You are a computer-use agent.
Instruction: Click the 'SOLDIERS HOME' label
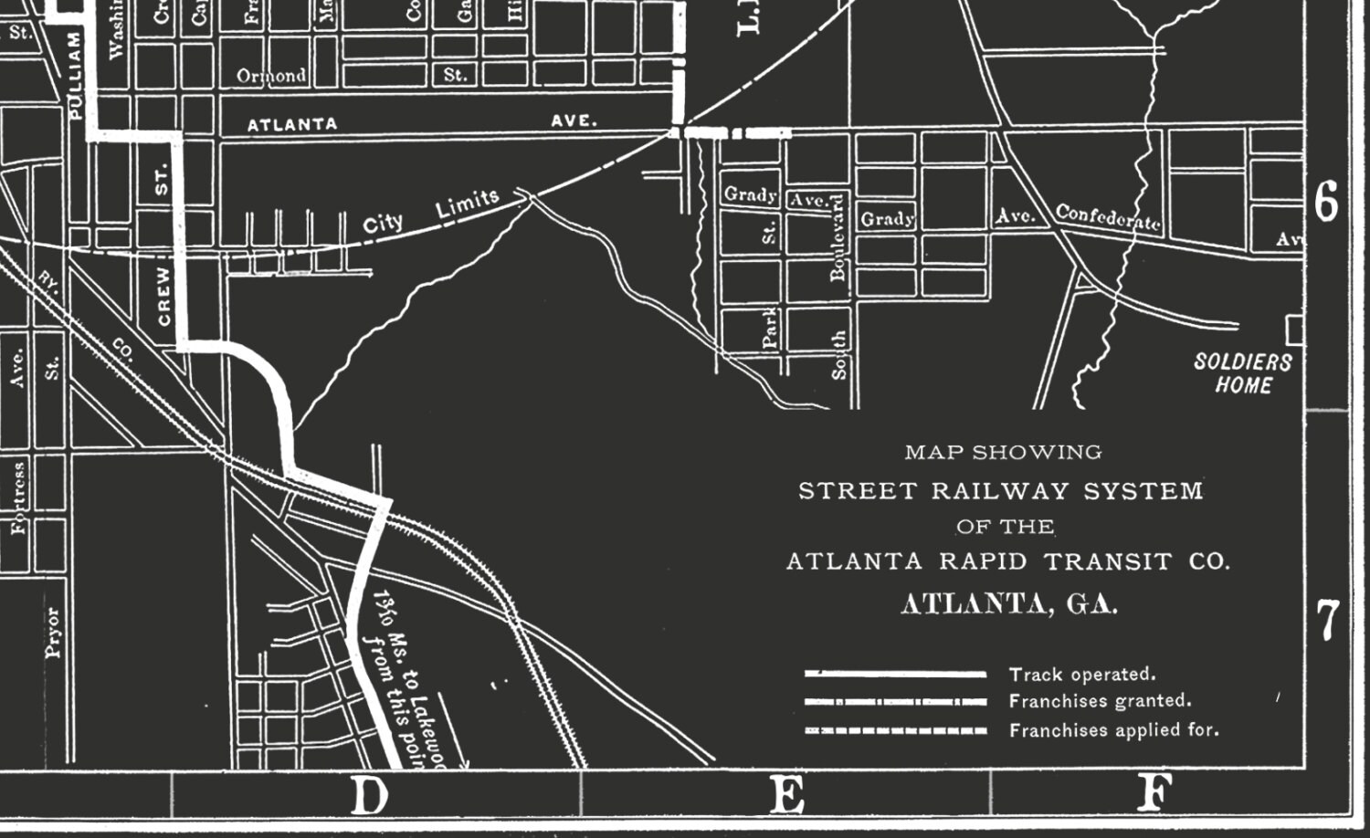click(1243, 373)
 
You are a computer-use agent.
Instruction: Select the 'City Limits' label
click(431, 212)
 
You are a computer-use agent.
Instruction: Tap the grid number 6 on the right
click(1327, 201)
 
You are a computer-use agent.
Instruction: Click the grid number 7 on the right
click(1327, 620)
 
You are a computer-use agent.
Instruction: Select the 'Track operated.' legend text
click(1082, 675)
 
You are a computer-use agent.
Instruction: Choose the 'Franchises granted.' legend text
click(1100, 701)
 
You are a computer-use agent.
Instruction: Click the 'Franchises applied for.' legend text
click(1113, 730)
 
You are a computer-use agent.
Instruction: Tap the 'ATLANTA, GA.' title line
click(1009, 604)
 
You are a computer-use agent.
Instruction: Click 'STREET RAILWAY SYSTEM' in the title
click(1001, 491)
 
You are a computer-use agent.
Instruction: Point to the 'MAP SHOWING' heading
click(1003, 452)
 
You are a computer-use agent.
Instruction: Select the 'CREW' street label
click(163, 296)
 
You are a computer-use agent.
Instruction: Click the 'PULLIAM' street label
click(76, 74)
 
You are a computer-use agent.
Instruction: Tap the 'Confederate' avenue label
click(1108, 216)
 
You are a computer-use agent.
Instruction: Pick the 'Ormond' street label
click(271, 76)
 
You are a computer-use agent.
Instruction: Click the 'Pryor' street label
click(52, 632)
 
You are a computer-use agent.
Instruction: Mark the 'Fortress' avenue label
click(19, 498)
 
